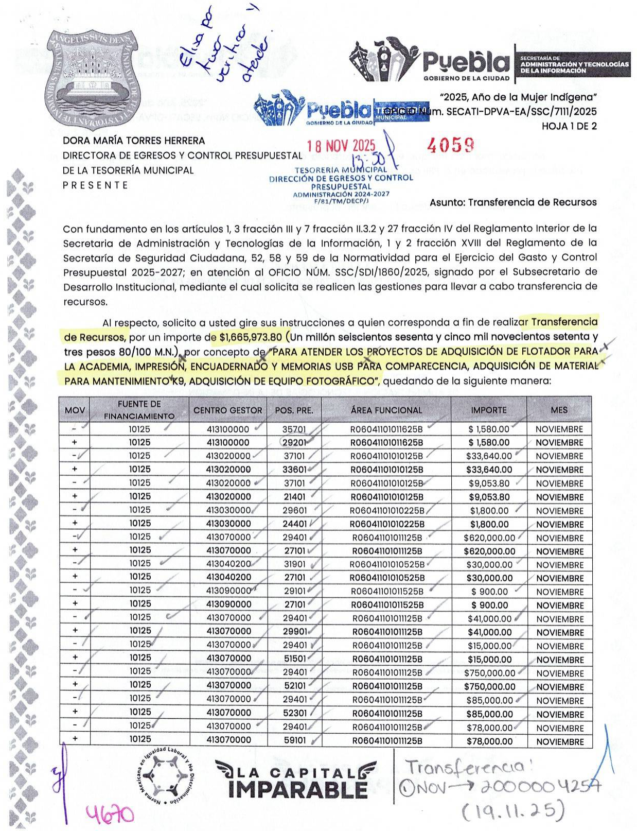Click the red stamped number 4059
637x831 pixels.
click(x=450, y=146)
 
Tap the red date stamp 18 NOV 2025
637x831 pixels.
click(x=341, y=147)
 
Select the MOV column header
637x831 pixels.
click(x=75, y=410)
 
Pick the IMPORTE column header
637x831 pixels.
click(x=488, y=410)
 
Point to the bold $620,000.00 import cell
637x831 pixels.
click(x=489, y=551)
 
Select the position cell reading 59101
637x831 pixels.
click(x=295, y=740)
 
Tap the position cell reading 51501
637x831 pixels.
click(x=295, y=659)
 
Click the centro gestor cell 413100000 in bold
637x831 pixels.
click(x=228, y=442)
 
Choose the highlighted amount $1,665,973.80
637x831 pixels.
click(x=251, y=337)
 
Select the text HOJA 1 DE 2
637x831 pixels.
click(x=569, y=126)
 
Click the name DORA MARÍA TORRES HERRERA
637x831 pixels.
click(x=134, y=141)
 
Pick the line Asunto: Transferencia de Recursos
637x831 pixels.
click(x=513, y=202)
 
